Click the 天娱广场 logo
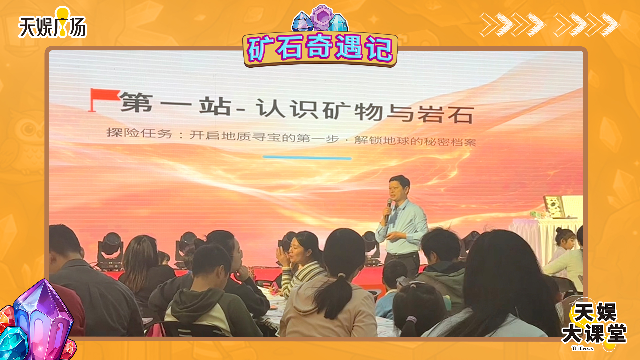click(x=52, y=23)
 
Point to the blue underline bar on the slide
click(x=307, y=157)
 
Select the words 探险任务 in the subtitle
click(x=139, y=133)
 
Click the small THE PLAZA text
click(x=583, y=348)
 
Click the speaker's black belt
click(x=402, y=255)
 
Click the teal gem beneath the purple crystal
click(x=13, y=343)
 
